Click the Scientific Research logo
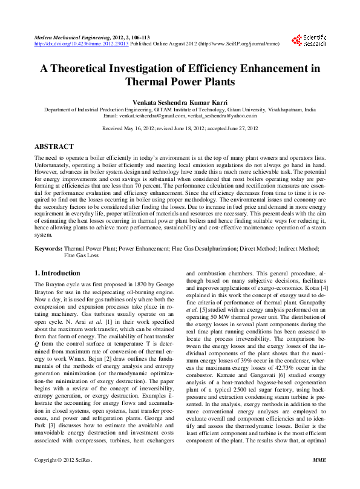[x=309, y=41]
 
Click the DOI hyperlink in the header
[x=82, y=44]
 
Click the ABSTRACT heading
[x=54, y=146]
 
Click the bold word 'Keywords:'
[x=48, y=248]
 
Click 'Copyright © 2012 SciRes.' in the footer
[x=63, y=477]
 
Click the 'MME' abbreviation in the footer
[x=318, y=477]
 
